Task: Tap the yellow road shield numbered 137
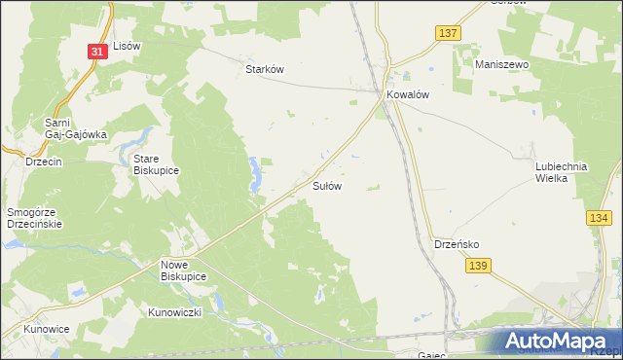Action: tap(447, 33)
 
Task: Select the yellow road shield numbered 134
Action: tap(600, 221)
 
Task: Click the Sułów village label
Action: tap(326, 185)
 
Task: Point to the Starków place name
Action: tap(263, 70)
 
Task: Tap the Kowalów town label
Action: tap(408, 95)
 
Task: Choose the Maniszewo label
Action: tap(500, 64)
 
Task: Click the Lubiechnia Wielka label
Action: tap(562, 172)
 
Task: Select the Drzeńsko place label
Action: tap(454, 244)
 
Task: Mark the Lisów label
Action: tap(128, 46)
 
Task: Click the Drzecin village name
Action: tap(44, 162)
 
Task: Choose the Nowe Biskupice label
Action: tap(183, 270)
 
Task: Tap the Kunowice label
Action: tap(47, 329)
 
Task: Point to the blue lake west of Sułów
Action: tap(256, 174)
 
